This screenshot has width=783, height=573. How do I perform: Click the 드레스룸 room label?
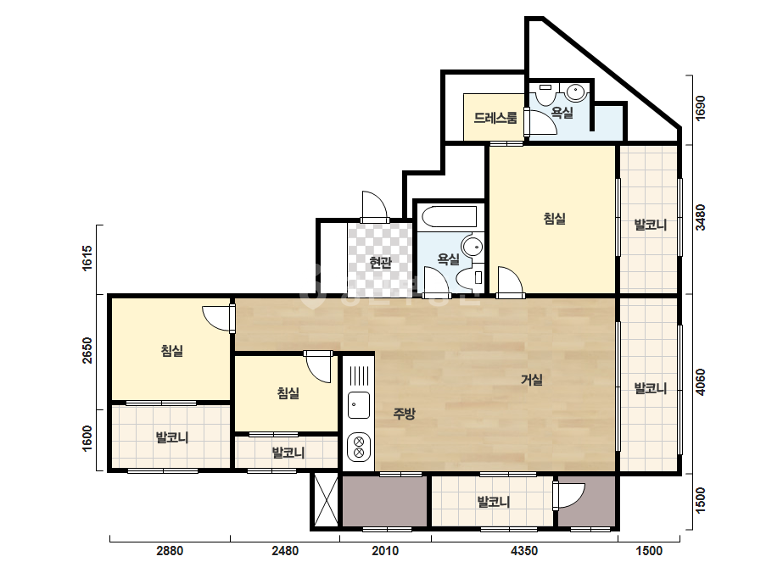pos(495,119)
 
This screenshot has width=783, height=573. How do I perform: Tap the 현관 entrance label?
pos(381,263)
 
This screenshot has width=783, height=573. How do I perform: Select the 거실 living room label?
pos(532,380)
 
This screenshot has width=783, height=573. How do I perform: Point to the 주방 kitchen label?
pos(404,414)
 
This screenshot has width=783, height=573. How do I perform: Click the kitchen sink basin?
pos(359,405)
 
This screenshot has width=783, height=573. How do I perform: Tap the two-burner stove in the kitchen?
pos(359,447)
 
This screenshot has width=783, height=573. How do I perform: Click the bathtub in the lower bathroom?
pos(449,217)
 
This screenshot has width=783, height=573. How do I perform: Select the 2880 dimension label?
pos(170,551)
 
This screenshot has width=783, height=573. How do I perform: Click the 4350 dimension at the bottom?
pos(524,551)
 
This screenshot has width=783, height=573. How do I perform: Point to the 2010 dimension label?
pos(385,551)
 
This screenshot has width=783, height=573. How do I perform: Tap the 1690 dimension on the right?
pos(700,108)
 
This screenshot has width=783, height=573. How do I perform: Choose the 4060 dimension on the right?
pos(700,382)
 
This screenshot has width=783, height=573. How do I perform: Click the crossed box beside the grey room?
pos(326,501)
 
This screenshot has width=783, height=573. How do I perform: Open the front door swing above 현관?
pos(374,206)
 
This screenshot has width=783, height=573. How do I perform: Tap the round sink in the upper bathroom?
pos(576,92)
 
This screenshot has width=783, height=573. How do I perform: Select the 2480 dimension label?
pos(285,551)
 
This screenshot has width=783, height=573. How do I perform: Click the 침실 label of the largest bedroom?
pos(554,219)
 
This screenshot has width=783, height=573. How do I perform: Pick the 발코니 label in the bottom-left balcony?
pos(172,437)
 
